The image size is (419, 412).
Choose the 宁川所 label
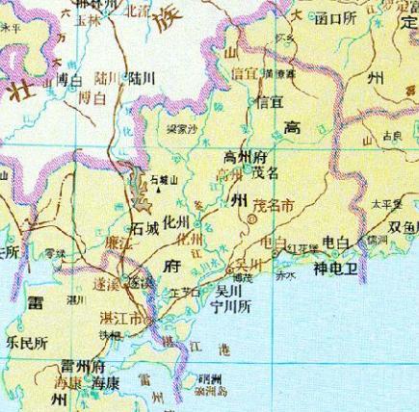232,307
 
